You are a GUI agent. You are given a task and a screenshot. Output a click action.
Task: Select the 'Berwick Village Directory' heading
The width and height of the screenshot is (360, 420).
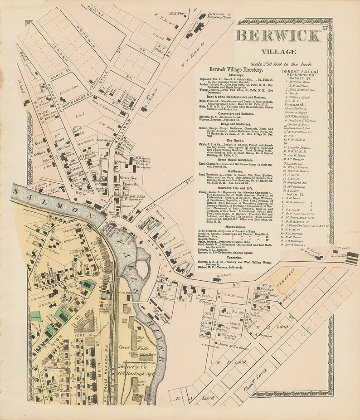click(x=236, y=70)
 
